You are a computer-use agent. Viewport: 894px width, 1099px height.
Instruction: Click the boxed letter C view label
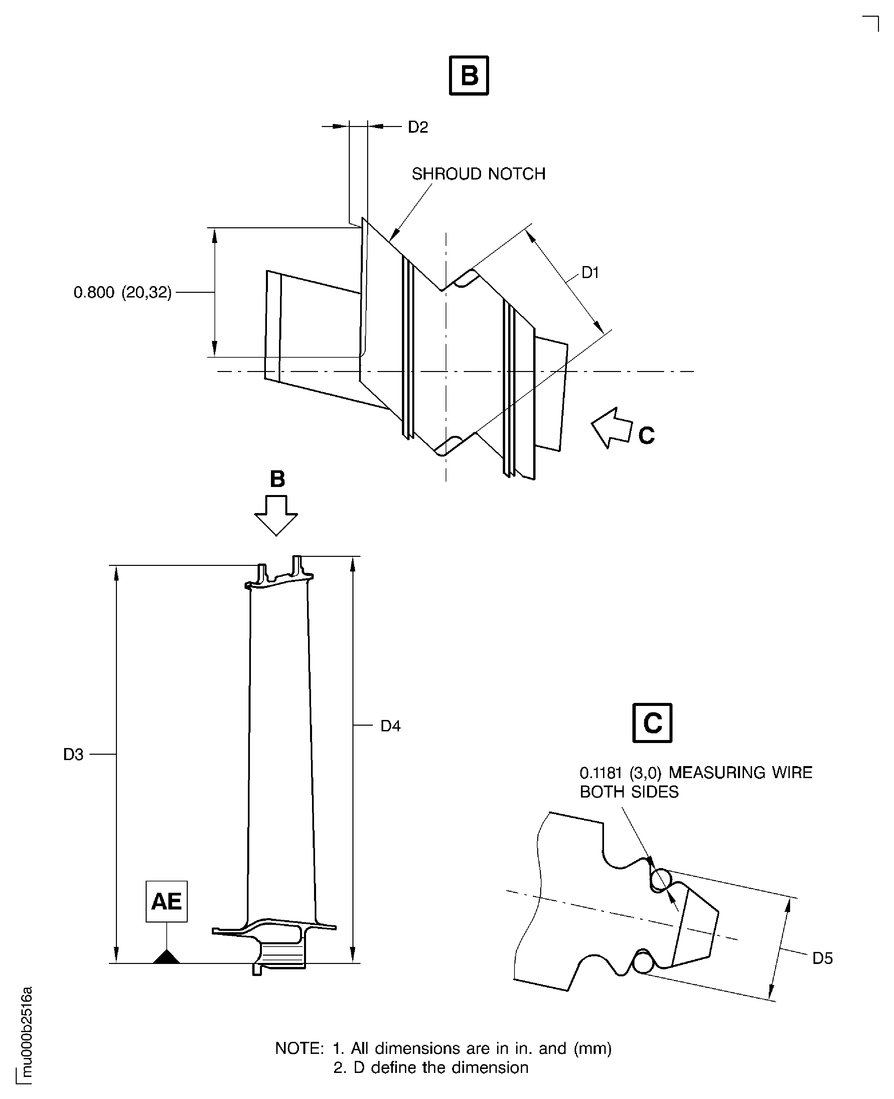[x=652, y=723]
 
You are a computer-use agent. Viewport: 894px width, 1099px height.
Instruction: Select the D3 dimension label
[x=73, y=755]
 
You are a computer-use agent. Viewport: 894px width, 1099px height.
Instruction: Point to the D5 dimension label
[x=823, y=958]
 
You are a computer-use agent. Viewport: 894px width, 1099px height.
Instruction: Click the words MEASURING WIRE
[x=740, y=773]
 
